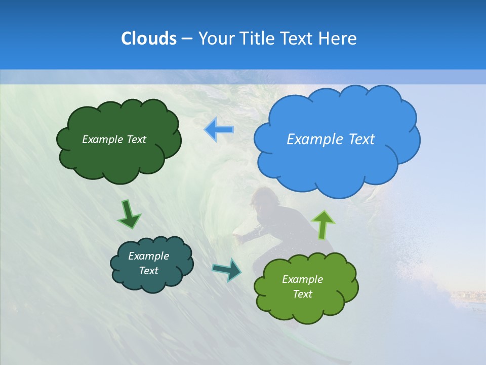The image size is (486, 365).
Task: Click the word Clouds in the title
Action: coord(148,39)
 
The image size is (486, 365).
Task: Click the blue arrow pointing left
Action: coord(219,130)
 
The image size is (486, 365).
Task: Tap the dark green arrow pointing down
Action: coord(129,214)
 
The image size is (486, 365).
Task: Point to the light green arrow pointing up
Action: coord(323,224)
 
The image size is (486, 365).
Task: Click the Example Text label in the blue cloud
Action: coord(331,139)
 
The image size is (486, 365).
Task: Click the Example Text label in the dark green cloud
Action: coord(114,139)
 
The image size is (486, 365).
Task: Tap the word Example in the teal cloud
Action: coord(148,256)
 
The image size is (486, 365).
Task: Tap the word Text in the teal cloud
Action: coord(148,271)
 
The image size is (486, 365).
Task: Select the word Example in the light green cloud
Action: coord(302,279)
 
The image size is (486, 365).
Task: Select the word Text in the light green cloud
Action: coord(302,294)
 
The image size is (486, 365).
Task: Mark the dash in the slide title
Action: coord(186,39)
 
